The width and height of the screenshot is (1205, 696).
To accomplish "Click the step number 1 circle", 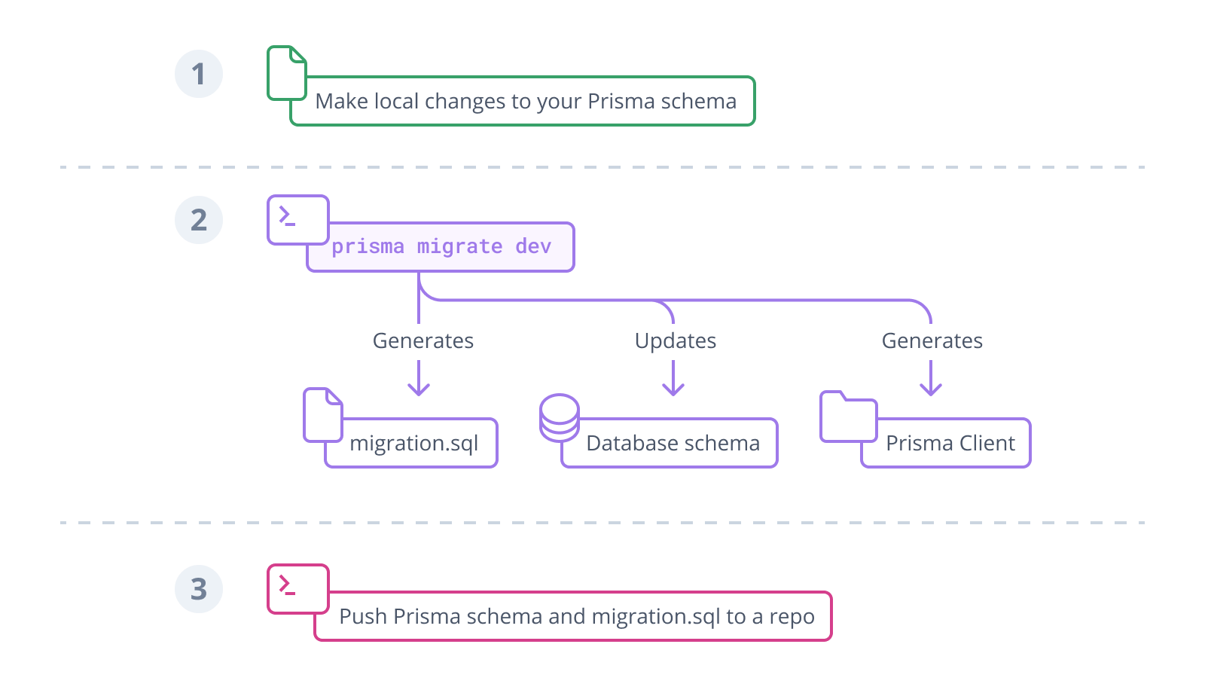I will [199, 74].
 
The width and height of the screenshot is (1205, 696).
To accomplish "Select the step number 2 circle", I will [199, 220].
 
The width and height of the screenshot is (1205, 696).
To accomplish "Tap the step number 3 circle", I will [199, 589].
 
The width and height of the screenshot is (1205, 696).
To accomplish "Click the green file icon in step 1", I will [286, 73].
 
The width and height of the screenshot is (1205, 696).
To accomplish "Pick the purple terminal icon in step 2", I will [297, 219].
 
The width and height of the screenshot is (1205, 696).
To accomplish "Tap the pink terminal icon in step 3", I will [297, 588].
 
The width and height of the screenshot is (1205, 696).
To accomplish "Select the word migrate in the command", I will [459, 246].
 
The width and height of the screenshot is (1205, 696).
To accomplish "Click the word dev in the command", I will [533, 246].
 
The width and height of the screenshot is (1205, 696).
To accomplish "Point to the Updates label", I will [675, 341].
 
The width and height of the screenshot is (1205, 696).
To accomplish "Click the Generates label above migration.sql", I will [424, 341].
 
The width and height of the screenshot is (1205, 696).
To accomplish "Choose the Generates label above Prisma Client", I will [932, 341].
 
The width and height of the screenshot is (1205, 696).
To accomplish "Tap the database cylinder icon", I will [559, 417].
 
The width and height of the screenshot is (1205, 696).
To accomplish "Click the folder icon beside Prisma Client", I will [847, 417].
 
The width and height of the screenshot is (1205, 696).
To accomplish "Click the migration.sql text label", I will [413, 443].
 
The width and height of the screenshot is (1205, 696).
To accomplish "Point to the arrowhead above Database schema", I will [673, 389].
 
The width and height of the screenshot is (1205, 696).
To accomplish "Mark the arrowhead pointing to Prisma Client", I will [931, 389].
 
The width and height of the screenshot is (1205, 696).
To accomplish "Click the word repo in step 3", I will [791, 617].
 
